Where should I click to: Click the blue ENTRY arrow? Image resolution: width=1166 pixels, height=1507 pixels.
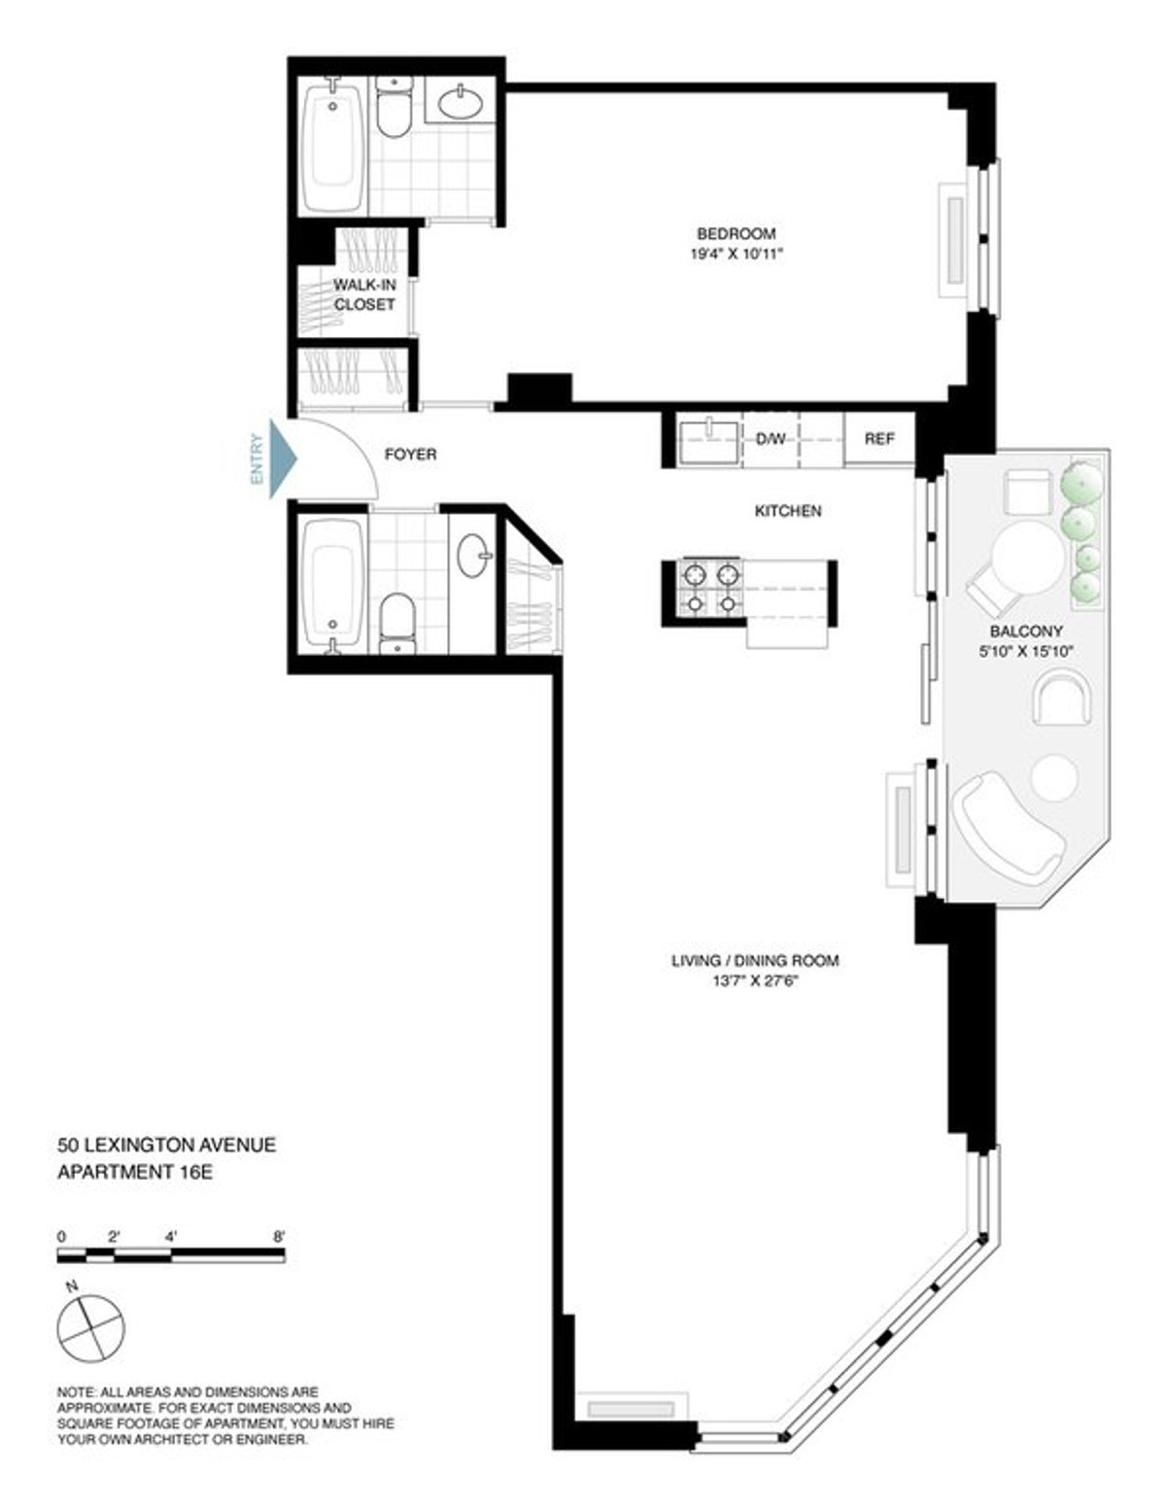coord(282,458)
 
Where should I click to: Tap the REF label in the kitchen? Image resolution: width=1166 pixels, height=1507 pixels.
coord(879,439)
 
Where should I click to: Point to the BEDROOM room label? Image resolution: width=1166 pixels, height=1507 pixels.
coord(737,233)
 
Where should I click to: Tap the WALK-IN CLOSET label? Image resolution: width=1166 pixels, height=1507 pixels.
coord(364,294)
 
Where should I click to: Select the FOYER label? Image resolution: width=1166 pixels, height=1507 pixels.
coord(411,454)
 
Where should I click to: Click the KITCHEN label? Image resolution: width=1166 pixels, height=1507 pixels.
coord(788,510)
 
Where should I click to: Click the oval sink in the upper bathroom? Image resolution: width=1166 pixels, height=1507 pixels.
coord(461,100)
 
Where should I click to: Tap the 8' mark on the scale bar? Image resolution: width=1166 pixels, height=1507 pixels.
coord(280,1237)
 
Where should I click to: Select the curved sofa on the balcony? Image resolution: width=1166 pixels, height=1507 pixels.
coord(1006,822)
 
